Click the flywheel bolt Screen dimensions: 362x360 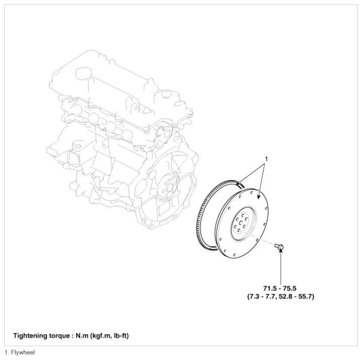[279, 247]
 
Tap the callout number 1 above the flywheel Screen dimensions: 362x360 [266, 159]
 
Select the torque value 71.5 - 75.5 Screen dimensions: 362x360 [280, 288]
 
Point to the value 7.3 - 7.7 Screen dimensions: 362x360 [262, 296]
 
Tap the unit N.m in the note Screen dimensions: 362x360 [82, 336]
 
